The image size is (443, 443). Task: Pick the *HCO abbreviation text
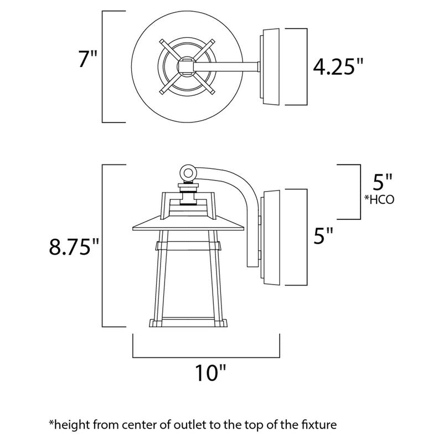[379, 200]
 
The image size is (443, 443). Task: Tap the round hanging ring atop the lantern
[189, 173]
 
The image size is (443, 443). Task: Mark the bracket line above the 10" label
[207, 354]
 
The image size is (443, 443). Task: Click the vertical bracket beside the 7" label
[104, 66]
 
